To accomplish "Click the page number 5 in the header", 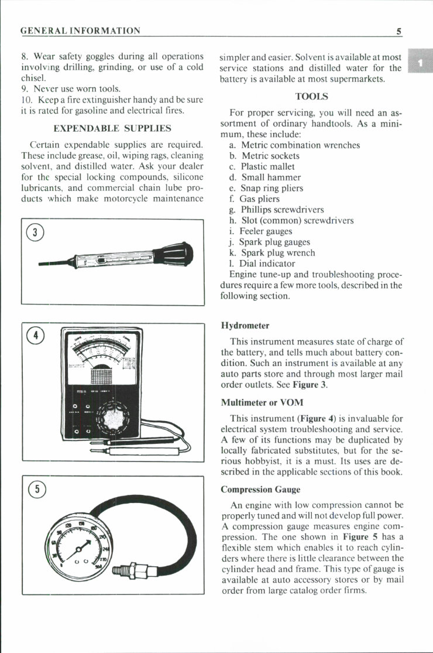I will point(398,31).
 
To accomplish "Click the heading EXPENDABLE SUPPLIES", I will point(112,128).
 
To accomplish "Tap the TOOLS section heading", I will point(311,95).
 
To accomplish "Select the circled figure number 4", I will point(35,336).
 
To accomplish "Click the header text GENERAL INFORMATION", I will point(80,31).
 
